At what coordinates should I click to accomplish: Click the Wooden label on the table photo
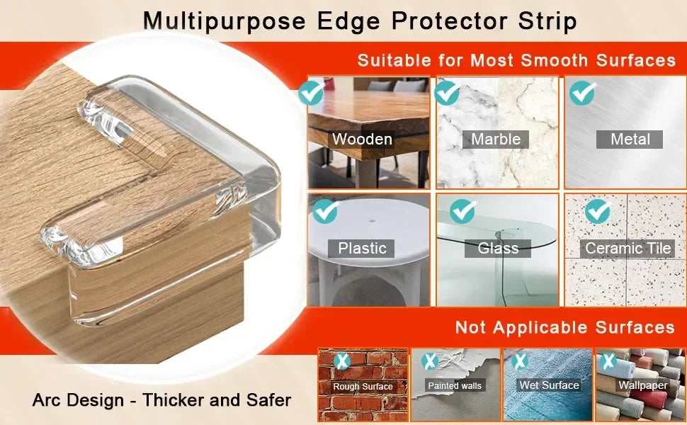click(362, 139)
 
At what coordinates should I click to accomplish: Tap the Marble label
click(496, 139)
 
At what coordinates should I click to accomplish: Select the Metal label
click(630, 139)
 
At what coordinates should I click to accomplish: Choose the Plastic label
click(362, 248)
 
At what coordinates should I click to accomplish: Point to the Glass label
click(498, 248)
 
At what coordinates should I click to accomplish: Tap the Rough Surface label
click(363, 386)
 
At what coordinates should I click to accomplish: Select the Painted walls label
click(455, 386)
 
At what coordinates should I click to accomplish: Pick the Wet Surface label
click(549, 385)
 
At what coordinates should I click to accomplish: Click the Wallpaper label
click(643, 385)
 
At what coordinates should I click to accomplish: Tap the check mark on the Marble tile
click(447, 93)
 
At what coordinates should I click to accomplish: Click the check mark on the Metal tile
click(583, 93)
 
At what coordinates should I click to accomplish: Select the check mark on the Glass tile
click(462, 210)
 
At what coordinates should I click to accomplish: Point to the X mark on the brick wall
click(343, 361)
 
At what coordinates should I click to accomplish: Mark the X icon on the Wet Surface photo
click(520, 361)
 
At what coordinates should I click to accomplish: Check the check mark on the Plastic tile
click(326, 210)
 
